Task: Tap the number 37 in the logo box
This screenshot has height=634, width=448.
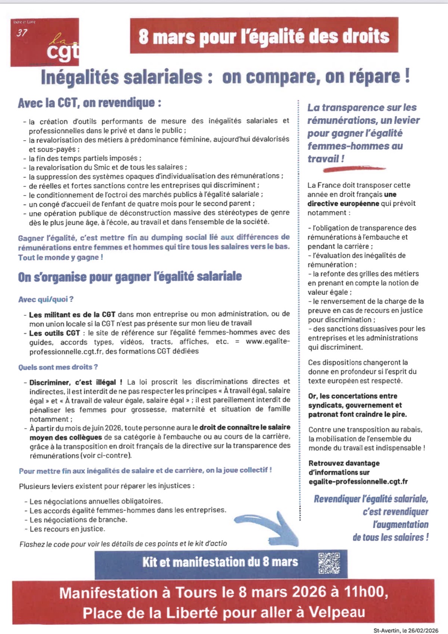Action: click(x=22, y=33)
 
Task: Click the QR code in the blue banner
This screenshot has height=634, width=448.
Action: click(x=329, y=563)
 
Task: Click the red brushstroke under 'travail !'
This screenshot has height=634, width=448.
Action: click(x=354, y=169)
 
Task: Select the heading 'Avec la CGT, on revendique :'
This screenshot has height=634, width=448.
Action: click(x=90, y=103)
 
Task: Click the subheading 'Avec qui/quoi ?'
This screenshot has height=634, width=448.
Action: click(x=46, y=299)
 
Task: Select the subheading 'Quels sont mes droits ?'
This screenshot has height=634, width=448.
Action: click(x=58, y=367)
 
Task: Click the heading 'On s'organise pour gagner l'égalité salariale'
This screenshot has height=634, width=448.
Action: click(x=130, y=277)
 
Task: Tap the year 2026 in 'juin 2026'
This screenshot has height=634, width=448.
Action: click(x=113, y=428)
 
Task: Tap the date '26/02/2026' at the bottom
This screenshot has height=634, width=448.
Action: click(x=423, y=631)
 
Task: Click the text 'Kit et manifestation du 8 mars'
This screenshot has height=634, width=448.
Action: click(x=220, y=562)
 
